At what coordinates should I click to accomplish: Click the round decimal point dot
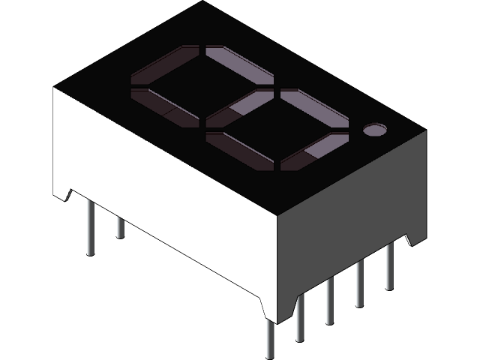point(373,130)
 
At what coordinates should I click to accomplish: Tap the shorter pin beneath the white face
point(120,225)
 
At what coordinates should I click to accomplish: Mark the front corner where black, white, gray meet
point(277,216)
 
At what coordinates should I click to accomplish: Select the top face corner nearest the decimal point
point(426,131)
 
